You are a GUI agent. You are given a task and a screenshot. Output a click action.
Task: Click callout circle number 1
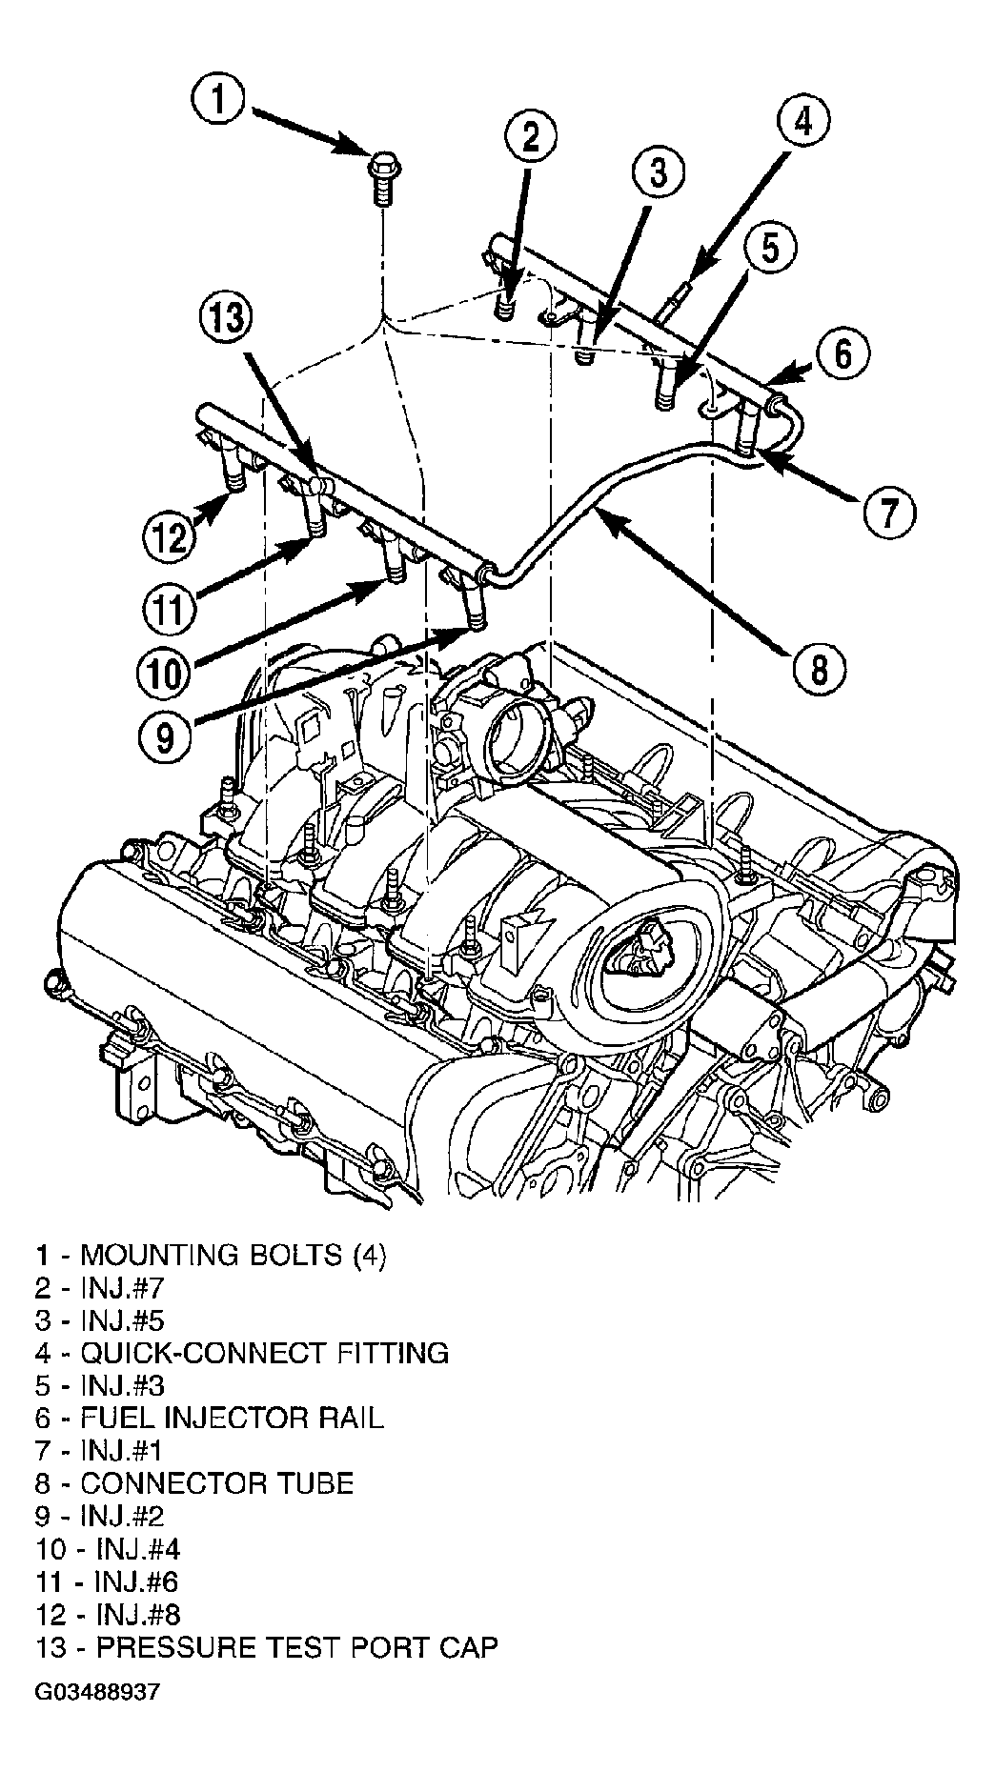click(219, 101)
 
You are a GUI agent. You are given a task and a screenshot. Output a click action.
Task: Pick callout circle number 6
click(843, 354)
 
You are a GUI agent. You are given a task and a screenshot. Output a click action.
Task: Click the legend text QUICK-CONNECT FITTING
click(242, 1352)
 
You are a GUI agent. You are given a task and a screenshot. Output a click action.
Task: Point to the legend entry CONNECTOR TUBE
click(194, 1483)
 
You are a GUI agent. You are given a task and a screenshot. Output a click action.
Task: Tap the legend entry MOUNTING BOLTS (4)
click(212, 1255)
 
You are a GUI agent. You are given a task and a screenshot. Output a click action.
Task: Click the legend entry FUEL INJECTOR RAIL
click(210, 1417)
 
